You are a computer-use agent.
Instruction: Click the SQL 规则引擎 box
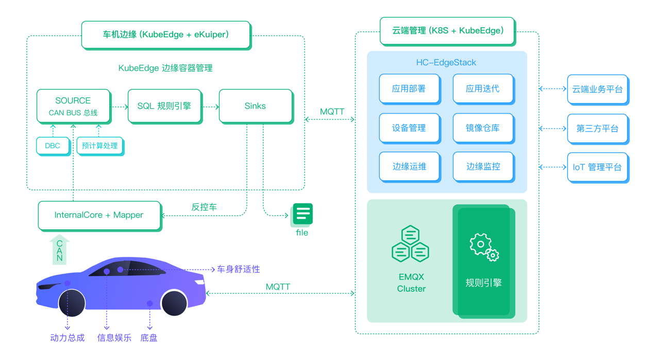point(164,106)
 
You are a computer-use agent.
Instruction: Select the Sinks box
point(256,106)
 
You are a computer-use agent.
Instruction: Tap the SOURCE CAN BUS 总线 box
point(73,106)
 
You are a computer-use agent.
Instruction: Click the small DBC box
point(53,146)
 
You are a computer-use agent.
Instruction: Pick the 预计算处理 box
point(99,146)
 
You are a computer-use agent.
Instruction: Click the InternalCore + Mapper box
point(99,215)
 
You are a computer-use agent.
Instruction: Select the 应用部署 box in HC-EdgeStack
point(409,89)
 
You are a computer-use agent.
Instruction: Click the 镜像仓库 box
point(483,128)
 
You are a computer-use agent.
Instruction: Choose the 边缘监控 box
point(483,167)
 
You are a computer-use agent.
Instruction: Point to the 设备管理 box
point(409,128)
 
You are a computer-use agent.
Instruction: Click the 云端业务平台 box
point(597,89)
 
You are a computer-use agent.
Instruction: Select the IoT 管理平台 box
point(597,167)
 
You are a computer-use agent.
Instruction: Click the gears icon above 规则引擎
point(484,247)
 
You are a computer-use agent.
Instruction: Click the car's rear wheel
point(174,303)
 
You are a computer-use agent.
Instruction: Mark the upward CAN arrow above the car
point(60,250)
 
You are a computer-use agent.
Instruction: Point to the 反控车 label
point(204,207)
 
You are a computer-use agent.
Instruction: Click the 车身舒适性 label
point(238,269)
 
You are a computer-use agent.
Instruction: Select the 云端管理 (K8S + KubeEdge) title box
point(447,31)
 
